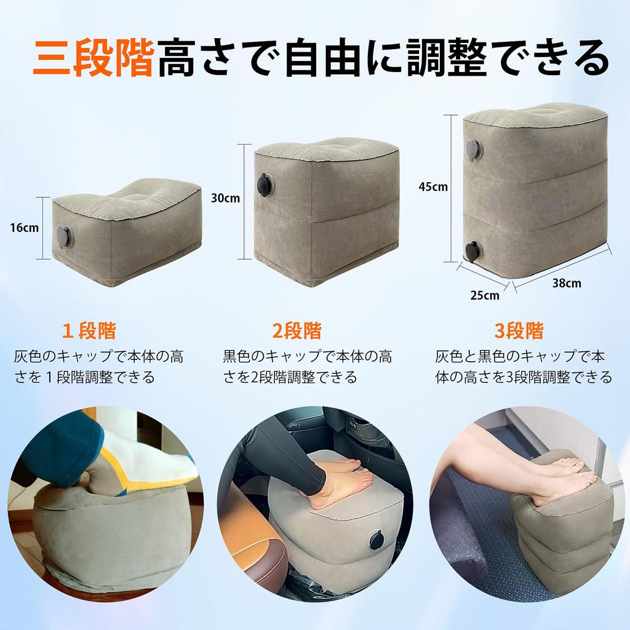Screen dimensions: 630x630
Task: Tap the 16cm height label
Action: [24, 227]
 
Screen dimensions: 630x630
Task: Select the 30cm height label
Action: [225, 198]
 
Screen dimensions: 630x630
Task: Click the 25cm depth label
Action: [484, 295]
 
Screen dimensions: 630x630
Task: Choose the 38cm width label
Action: [565, 283]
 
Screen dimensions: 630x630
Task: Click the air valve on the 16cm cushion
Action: [63, 236]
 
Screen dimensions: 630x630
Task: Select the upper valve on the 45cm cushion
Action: [473, 150]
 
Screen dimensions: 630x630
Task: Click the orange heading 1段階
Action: [89, 331]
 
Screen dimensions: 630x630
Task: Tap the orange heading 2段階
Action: [297, 331]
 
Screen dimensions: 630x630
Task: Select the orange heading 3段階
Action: [519, 331]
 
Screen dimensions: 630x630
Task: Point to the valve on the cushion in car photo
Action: [377, 540]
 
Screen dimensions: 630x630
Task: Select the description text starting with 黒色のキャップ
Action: [307, 366]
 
